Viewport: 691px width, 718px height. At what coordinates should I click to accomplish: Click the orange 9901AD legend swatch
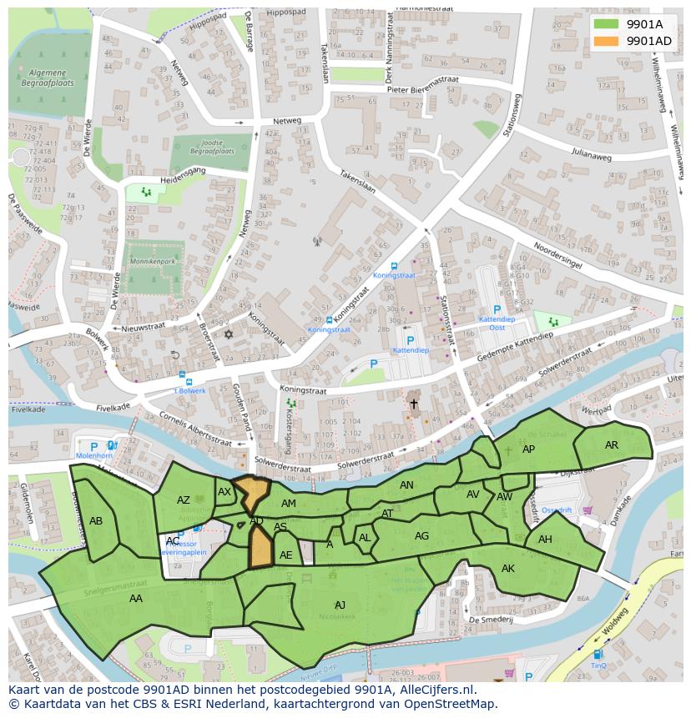click(607, 41)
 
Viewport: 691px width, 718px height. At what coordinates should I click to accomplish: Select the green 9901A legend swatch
click(607, 24)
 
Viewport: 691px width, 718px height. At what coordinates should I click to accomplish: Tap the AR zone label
click(612, 445)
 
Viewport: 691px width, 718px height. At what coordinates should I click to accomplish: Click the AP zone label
click(528, 449)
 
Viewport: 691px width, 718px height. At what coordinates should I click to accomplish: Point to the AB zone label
click(96, 521)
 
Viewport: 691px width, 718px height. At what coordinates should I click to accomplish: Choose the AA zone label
click(135, 598)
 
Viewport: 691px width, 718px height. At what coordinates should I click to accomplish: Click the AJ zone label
click(340, 605)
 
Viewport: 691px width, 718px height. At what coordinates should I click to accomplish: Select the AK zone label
click(508, 569)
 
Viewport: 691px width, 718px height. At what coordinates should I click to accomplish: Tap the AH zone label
click(545, 540)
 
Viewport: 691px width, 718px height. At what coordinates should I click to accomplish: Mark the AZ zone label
click(184, 500)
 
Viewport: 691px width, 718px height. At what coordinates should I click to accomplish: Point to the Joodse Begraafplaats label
click(210, 148)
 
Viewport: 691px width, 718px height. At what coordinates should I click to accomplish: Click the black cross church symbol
click(413, 404)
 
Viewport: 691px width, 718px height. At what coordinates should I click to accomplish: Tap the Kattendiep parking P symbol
click(410, 340)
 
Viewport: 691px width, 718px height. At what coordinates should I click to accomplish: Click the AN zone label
click(406, 485)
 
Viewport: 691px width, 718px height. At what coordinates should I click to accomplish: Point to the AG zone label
click(421, 536)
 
